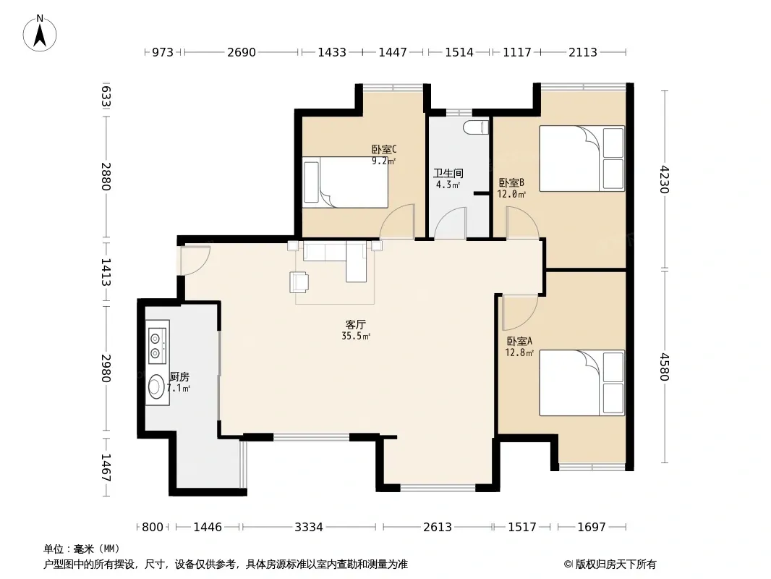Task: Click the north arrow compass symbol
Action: (x=40, y=33)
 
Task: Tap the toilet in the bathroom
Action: (x=476, y=127)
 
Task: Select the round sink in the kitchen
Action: (x=157, y=386)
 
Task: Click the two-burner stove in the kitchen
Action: (x=158, y=342)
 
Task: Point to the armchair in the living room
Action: (x=299, y=282)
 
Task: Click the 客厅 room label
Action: (x=356, y=325)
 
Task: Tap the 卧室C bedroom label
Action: (x=384, y=149)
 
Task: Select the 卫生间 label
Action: (x=448, y=173)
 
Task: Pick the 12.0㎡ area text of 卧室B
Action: (x=511, y=194)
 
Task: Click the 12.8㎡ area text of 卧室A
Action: (x=519, y=352)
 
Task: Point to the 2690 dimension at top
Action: (x=242, y=52)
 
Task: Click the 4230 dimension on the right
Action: (x=664, y=179)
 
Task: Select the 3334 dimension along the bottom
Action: (x=309, y=528)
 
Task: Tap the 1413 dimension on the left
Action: (x=106, y=272)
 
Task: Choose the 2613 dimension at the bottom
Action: (x=438, y=528)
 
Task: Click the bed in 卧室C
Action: (x=345, y=182)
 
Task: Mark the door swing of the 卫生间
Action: (x=450, y=224)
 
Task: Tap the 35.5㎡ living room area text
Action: (x=356, y=336)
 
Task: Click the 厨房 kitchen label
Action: (x=179, y=377)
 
